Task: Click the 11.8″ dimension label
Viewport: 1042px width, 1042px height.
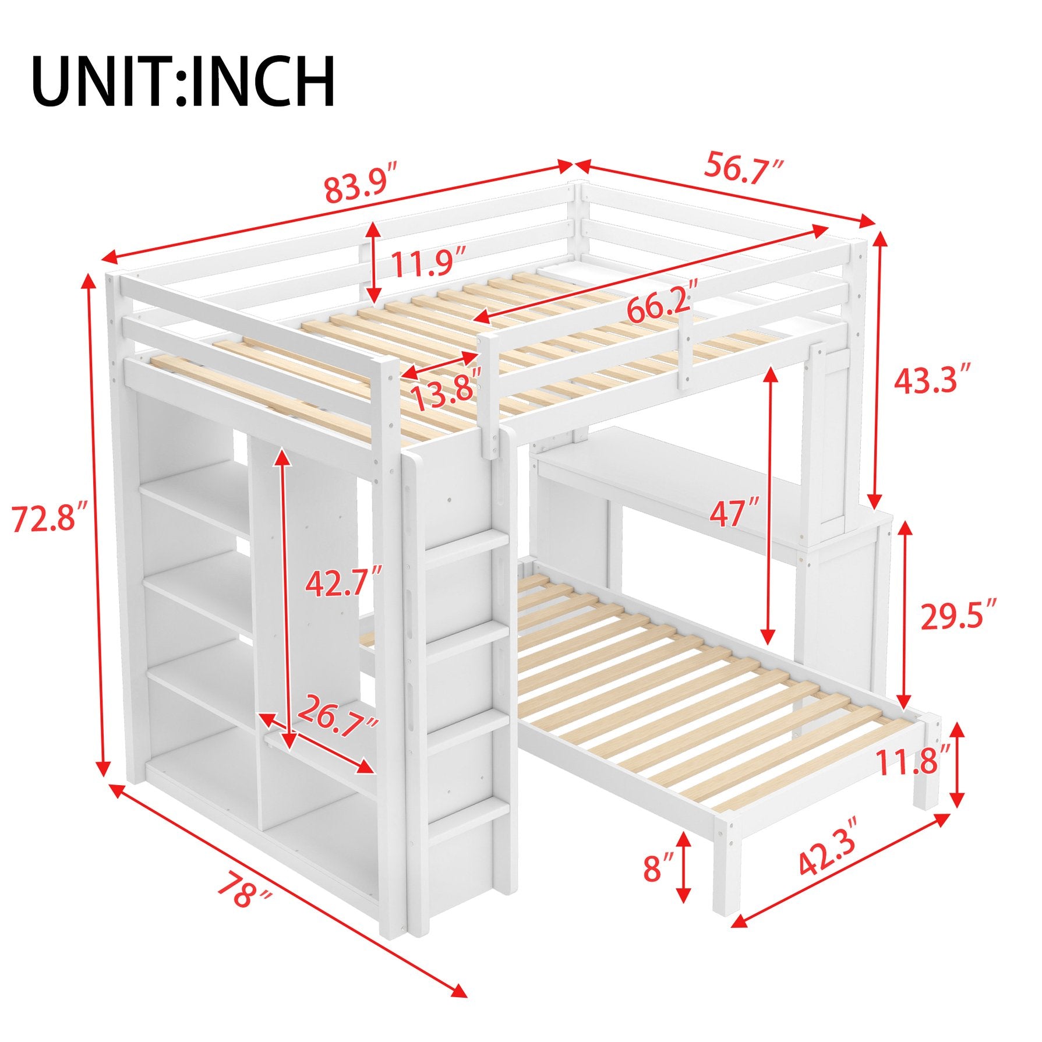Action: (x=916, y=760)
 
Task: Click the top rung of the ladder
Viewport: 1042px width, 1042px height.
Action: (x=466, y=550)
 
